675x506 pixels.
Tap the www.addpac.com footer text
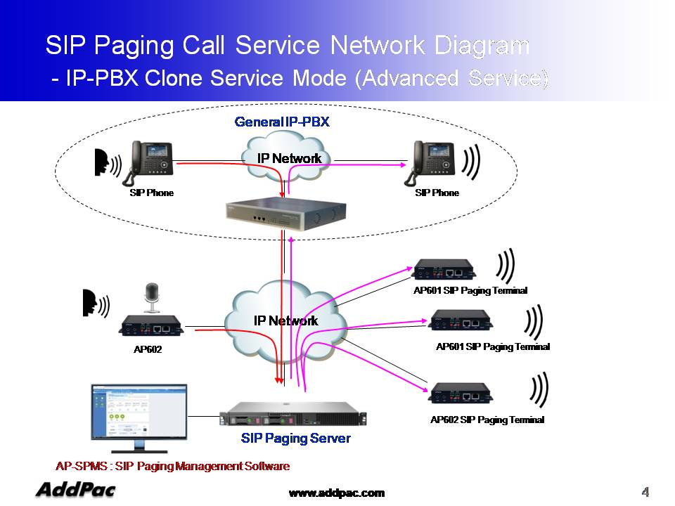[x=337, y=493]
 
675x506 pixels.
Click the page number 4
[x=645, y=490]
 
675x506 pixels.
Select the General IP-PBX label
[x=281, y=122]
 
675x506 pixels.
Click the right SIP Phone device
[x=435, y=162]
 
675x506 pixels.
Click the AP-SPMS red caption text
[x=172, y=466]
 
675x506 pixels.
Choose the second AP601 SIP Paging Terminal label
[x=492, y=346]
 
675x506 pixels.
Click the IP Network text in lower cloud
[x=285, y=320]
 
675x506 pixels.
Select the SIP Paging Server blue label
[x=295, y=439]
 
